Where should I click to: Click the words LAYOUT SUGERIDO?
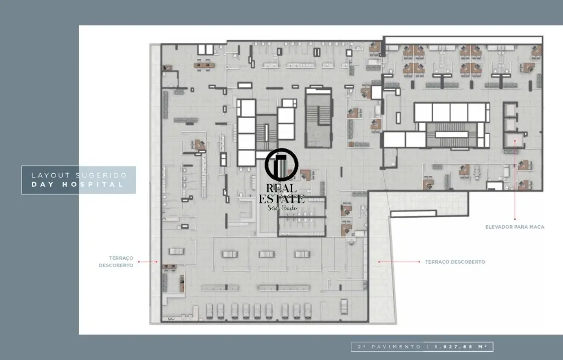(79, 175)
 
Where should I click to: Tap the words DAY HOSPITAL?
(78, 185)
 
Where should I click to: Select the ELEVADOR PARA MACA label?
(515, 227)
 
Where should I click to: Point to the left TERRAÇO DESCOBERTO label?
(116, 262)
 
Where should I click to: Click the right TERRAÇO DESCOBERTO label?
(455, 262)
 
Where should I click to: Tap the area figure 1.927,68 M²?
(461, 347)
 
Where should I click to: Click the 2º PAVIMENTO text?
(390, 347)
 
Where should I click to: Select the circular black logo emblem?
(281, 165)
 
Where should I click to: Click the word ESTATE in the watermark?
(281, 198)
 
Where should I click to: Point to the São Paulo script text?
(282, 208)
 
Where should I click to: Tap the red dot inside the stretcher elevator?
(515, 141)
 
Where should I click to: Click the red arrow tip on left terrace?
(157, 262)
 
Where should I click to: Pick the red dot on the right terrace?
(379, 262)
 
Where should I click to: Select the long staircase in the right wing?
(452, 135)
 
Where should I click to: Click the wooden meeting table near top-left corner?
(204, 65)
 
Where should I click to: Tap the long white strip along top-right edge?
(463, 40)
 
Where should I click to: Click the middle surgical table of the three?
(267, 254)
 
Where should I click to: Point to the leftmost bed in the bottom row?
(209, 311)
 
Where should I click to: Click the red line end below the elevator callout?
(515, 219)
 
